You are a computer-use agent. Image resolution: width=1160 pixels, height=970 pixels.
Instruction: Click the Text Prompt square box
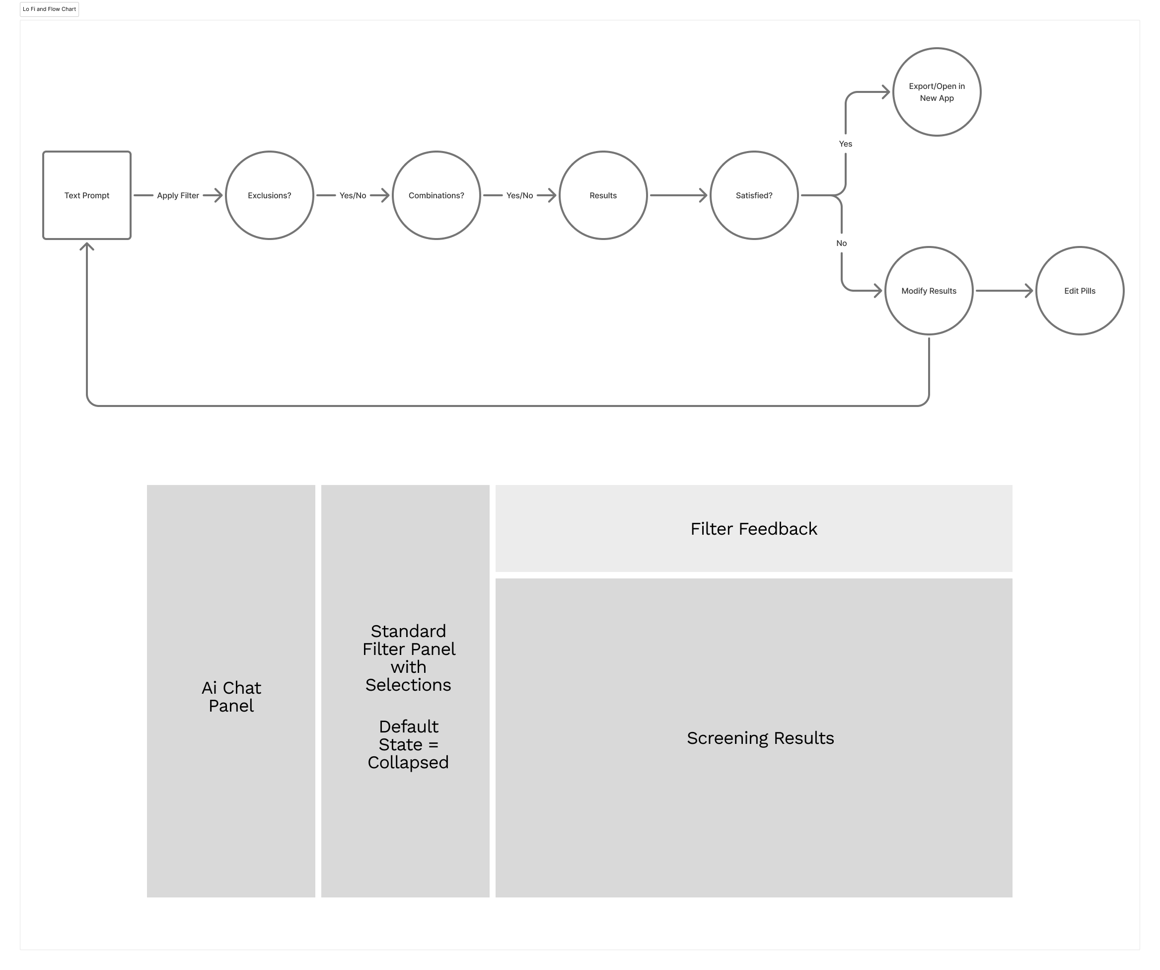point(87,195)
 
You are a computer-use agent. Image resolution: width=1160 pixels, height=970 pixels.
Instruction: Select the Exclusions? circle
point(270,195)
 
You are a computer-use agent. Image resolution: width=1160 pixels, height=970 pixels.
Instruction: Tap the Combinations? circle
point(436,195)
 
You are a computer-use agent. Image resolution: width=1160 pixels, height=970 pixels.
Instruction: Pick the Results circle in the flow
point(603,195)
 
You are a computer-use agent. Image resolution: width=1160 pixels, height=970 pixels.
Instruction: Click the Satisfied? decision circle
point(754,195)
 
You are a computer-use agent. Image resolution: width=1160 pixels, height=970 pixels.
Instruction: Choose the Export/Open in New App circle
point(937,92)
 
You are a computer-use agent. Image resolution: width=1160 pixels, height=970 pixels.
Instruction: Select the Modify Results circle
point(929,291)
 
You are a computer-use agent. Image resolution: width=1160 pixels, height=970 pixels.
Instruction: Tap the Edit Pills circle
point(1080,291)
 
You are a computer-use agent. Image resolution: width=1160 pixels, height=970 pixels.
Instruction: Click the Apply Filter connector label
point(178,195)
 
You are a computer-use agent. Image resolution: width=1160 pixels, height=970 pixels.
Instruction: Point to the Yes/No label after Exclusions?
point(353,195)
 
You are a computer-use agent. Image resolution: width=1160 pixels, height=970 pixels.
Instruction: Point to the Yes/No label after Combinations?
point(520,195)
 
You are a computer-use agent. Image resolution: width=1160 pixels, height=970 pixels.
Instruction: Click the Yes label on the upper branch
point(846,144)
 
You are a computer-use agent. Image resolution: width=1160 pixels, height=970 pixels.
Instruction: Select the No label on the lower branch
point(841,243)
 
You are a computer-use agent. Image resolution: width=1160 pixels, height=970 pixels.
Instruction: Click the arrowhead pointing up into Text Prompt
point(87,246)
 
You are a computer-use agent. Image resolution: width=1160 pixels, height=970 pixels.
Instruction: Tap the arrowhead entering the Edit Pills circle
point(1029,291)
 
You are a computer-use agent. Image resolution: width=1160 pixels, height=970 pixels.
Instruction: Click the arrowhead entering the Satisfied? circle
point(703,195)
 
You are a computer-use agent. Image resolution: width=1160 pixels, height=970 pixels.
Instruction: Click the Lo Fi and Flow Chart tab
point(50,9)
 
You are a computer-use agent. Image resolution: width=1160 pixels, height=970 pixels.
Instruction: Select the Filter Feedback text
point(754,529)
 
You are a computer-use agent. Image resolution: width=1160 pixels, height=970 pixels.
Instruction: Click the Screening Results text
point(761,738)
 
